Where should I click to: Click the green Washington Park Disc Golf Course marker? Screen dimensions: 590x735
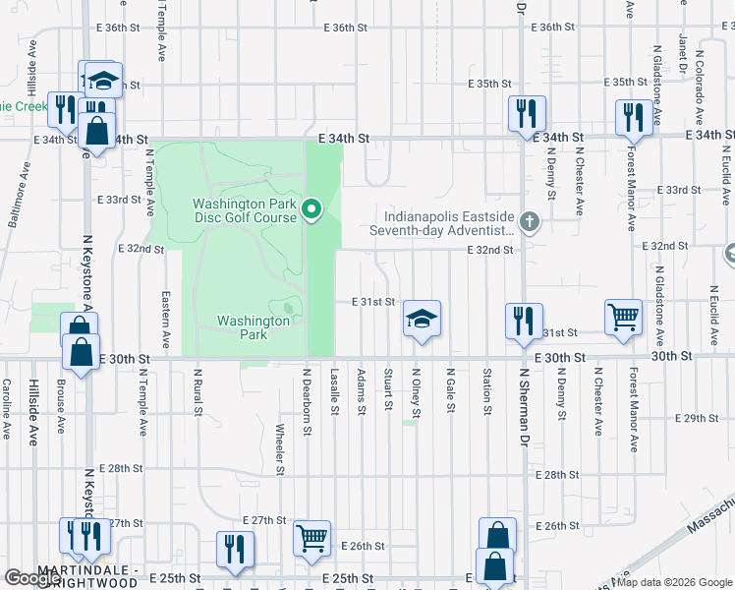[x=311, y=208]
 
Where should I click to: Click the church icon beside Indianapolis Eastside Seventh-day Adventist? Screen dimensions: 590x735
[x=530, y=220]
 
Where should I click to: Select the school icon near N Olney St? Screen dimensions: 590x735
[x=422, y=319]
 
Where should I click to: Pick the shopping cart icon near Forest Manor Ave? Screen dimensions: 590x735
[x=623, y=317]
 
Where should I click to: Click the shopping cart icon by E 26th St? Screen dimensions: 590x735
[x=311, y=538]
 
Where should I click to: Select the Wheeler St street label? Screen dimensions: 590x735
[x=280, y=449]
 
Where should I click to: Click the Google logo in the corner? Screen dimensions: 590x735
[x=33, y=578]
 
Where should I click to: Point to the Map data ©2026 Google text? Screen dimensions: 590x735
[x=673, y=582]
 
